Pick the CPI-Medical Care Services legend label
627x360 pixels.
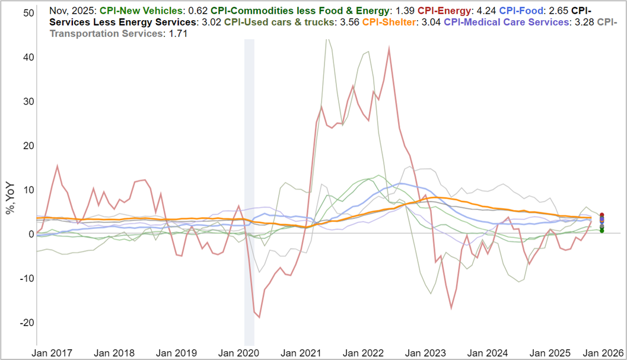click(506, 22)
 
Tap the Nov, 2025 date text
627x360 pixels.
click(73, 10)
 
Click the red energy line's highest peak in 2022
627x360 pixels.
click(389, 49)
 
